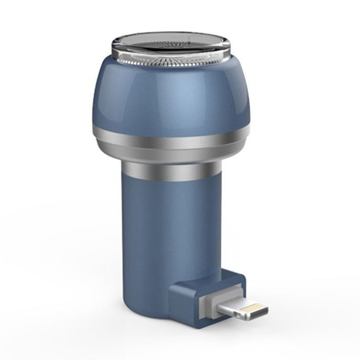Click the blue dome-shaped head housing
coord(171,94)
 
